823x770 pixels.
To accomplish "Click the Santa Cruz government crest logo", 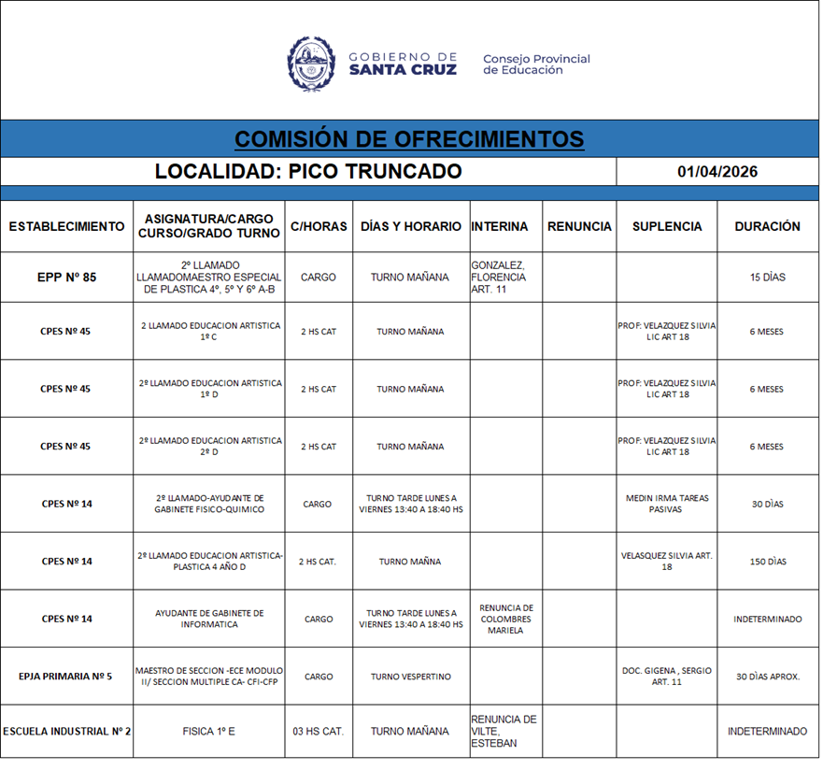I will [311, 64].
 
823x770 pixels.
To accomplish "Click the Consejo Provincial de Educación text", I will [536, 64].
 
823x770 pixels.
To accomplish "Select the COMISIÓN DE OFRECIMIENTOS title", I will [409, 139].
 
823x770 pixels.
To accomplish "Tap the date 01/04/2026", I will [717, 172].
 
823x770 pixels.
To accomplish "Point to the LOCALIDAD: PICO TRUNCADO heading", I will [308, 172].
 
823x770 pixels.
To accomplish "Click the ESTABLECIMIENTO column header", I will [66, 226].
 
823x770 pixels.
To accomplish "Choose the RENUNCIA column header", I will [579, 226].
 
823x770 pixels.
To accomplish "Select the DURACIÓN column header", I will [767, 226].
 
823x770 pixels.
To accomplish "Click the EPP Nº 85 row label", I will [66, 278].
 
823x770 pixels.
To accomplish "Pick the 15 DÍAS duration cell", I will [767, 278].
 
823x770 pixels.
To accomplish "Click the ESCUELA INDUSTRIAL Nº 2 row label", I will [66, 732].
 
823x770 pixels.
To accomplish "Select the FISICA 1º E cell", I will [209, 732].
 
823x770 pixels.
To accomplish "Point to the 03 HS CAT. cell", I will [318, 732].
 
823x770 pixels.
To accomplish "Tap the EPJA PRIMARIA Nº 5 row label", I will [66, 677].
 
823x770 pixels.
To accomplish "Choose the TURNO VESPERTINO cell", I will [410, 677].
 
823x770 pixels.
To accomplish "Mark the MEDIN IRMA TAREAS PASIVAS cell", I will [666, 504].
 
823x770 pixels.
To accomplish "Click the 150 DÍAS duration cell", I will [767, 562].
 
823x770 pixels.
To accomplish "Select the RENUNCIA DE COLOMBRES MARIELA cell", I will [505, 619].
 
